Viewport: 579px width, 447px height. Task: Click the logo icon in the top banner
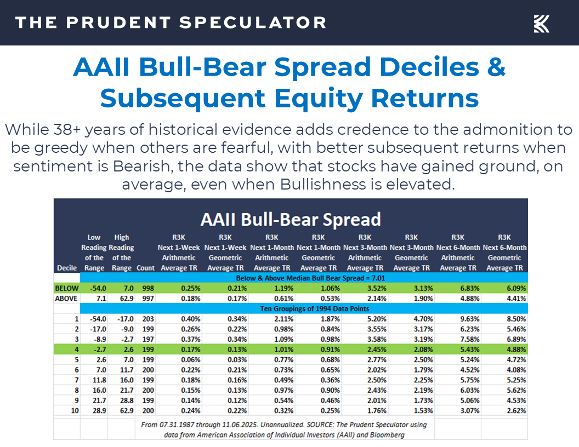541,23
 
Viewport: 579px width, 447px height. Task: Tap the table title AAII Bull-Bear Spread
291,219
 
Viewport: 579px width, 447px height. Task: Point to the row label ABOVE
66,299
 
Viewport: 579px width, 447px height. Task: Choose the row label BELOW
66,288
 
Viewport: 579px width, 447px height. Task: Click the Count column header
145,268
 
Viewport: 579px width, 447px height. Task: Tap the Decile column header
66,268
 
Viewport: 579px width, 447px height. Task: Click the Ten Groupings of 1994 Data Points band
291,308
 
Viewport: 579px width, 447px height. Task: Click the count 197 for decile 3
145,340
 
